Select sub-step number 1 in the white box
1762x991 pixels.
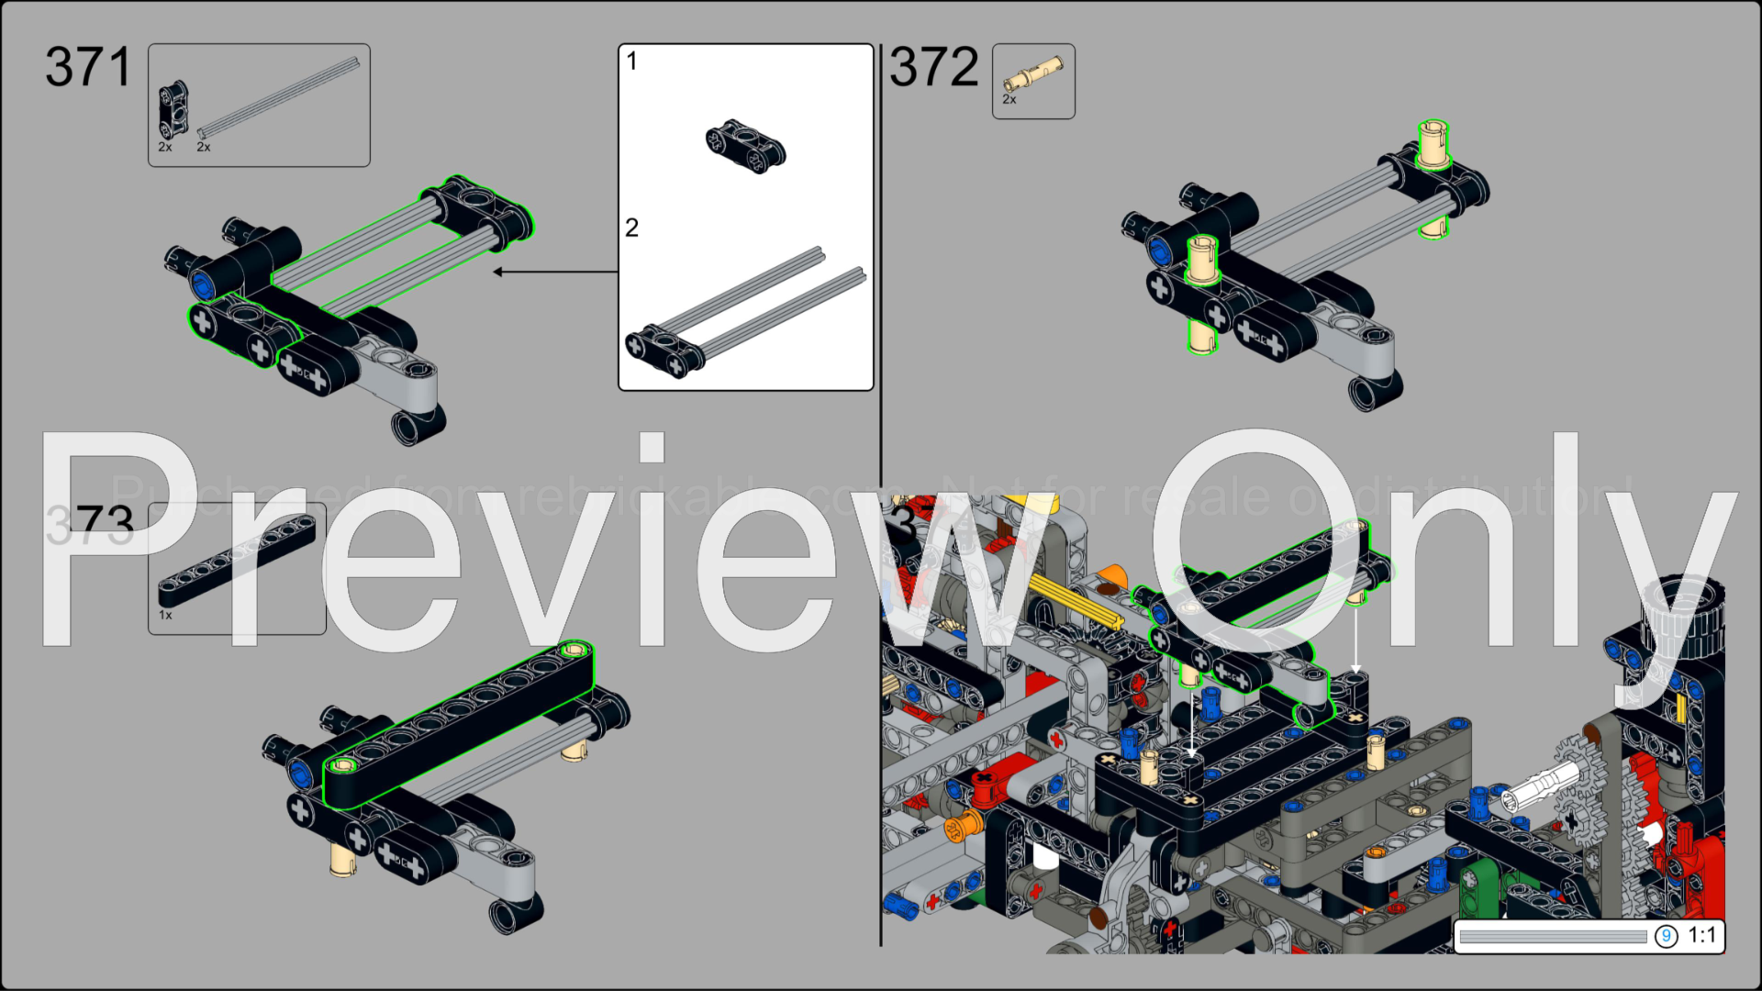coord(631,61)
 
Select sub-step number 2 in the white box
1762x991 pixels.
coord(631,228)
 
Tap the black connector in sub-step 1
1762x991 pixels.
coord(745,147)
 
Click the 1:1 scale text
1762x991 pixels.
coord(1701,935)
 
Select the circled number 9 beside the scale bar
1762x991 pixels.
coord(1666,936)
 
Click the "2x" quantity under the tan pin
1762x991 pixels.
coord(1009,100)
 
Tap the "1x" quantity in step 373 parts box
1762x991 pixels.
coord(165,615)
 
